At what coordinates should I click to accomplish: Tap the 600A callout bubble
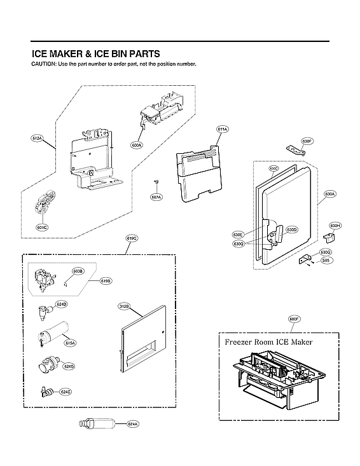[x=137, y=146]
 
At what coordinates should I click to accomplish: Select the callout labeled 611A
[x=222, y=130]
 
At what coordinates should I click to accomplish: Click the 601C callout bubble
[x=42, y=227]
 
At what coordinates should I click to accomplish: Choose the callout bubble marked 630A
[x=329, y=193]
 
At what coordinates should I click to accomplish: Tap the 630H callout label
[x=335, y=226]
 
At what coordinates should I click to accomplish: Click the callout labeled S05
[x=325, y=260]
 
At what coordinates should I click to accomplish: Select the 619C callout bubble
[x=132, y=238]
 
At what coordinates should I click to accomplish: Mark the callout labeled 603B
[x=78, y=271]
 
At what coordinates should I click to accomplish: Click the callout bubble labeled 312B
[x=124, y=306]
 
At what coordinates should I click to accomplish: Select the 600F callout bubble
[x=294, y=319]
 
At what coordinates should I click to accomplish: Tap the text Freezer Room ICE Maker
[x=268, y=342]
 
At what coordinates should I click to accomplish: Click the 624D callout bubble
[x=62, y=305]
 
